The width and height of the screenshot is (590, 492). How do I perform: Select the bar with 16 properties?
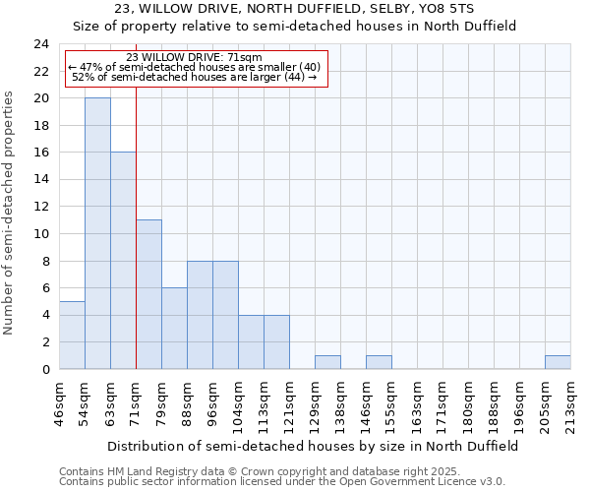coord(123,261)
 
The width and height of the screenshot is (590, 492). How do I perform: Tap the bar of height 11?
coord(148,294)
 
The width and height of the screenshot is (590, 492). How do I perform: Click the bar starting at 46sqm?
coord(72,335)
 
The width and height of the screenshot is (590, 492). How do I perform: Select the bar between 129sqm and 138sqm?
coord(327,362)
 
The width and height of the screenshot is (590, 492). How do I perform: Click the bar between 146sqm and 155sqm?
coord(379,362)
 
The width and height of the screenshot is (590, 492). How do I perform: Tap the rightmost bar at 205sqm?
coord(558,362)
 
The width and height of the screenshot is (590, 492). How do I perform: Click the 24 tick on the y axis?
coord(41,44)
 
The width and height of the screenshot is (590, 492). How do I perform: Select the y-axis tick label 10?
coord(41,234)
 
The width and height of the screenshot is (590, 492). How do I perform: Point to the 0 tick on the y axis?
coord(45,369)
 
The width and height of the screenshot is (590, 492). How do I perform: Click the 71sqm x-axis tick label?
coord(136,402)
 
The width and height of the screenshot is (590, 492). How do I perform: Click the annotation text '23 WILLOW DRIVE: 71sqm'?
coord(194,57)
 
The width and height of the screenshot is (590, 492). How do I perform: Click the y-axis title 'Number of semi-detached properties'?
coord(10,213)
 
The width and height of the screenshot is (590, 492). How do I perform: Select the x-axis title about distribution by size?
coord(313,446)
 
